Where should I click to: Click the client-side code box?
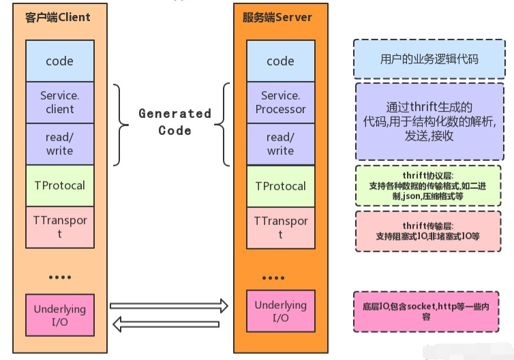pos(59,61)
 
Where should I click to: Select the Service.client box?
pos(59,102)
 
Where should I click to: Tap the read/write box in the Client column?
pos(59,144)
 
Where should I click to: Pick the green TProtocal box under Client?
pos(59,185)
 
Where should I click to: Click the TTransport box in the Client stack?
pos(59,227)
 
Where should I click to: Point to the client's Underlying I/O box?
pos(59,314)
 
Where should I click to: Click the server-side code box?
pos(280,61)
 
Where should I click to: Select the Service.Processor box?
pos(280,102)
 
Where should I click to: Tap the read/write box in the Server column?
pos(280,144)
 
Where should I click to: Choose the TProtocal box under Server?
pos(280,185)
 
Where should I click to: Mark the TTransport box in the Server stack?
pos(280,227)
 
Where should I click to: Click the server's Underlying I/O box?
pos(280,311)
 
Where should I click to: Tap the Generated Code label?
pos(175,121)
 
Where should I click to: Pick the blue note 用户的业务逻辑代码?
pos(429,59)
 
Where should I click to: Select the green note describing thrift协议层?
pos(428,185)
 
